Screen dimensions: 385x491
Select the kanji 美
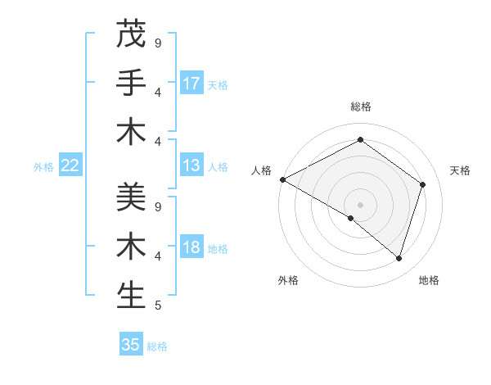pyautogui.click(x=131, y=197)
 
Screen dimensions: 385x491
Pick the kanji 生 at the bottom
pyautogui.click(x=131, y=295)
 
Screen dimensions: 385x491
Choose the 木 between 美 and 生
pyautogui.click(x=131, y=247)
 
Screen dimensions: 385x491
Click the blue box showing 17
pyautogui.click(x=191, y=83)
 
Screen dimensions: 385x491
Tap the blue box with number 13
pyautogui.click(x=191, y=165)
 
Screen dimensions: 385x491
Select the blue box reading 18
pyautogui.click(x=191, y=247)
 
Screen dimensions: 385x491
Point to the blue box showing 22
pyautogui.click(x=70, y=165)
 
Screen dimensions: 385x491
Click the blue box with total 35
pyautogui.click(x=131, y=345)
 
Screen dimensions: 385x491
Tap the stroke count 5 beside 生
pyautogui.click(x=158, y=306)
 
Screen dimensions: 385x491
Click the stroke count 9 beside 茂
pyautogui.click(x=158, y=43)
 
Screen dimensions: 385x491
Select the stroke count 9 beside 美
pyautogui.click(x=158, y=206)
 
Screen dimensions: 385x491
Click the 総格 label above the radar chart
pyautogui.click(x=360, y=106)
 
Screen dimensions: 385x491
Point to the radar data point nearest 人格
pyautogui.click(x=282, y=179)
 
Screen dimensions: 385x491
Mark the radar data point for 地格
pyautogui.click(x=399, y=258)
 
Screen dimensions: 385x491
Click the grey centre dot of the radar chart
pyautogui.click(x=360, y=204)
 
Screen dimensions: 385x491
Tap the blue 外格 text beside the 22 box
pyautogui.click(x=43, y=166)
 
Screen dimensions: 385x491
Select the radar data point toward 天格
pyautogui.click(x=422, y=184)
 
